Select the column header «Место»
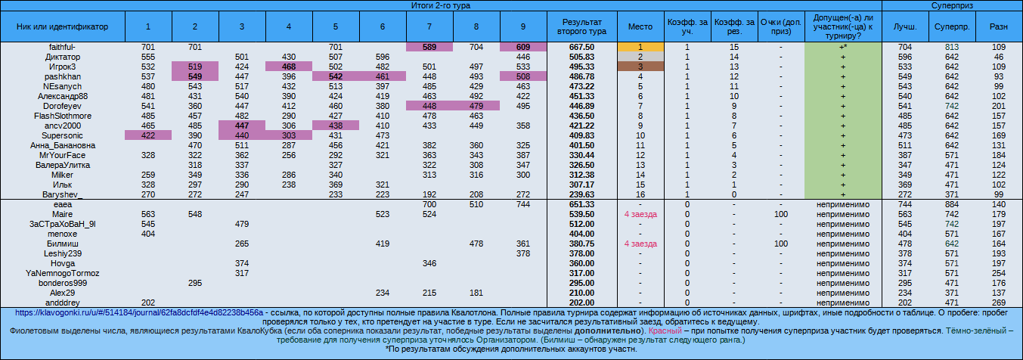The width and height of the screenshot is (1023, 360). [640, 26]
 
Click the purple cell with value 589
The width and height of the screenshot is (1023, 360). [429, 47]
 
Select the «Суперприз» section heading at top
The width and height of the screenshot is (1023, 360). [952, 5]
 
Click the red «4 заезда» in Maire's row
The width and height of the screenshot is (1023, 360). [640, 214]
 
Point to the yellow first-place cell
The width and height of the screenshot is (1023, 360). [640, 47]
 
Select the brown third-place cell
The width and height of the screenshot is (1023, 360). [640, 67]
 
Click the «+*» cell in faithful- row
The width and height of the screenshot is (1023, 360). [842, 47]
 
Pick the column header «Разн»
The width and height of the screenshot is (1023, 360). [999, 26]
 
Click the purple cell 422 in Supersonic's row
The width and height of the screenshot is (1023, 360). [148, 135]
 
